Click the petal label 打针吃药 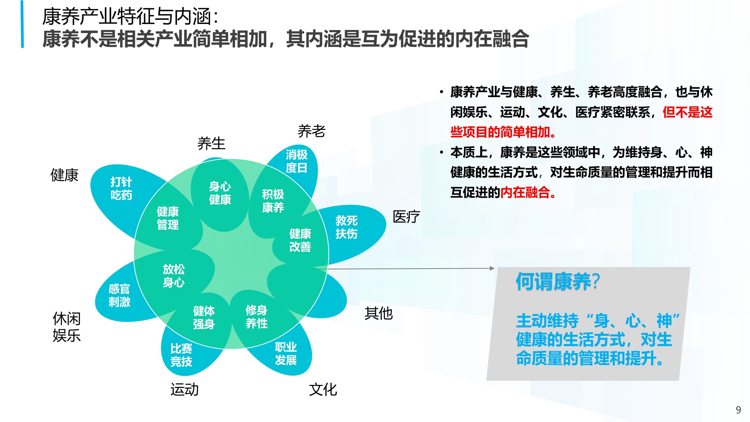[121, 189]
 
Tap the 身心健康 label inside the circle [220, 193]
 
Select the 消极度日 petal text [296, 161]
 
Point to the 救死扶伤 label [346, 227]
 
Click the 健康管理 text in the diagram [168, 218]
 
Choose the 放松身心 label [174, 276]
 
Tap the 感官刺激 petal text [119, 295]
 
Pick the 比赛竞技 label [181, 355]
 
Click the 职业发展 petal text [286, 353]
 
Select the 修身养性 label [256, 317]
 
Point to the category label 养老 [311, 131]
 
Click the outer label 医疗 [406, 216]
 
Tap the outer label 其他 [378, 313]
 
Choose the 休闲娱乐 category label [67, 327]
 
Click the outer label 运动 [184, 389]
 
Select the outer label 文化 [323, 389]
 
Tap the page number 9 [738, 410]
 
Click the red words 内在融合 [525, 192]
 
